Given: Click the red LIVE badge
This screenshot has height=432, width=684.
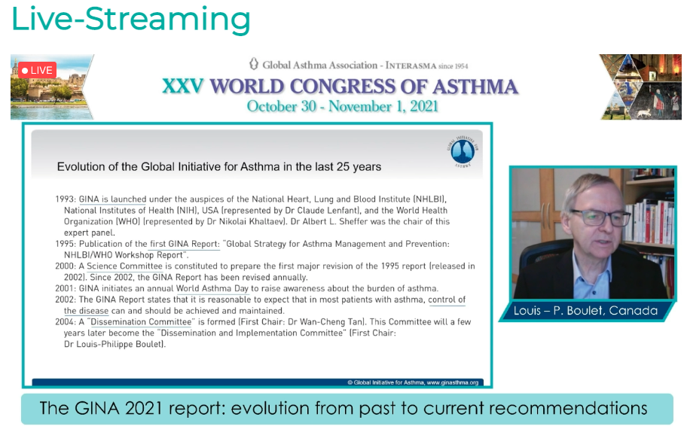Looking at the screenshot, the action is point(37,70).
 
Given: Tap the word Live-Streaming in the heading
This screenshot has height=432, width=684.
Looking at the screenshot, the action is point(131,19).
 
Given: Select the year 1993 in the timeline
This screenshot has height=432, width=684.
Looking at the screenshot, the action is point(65,199).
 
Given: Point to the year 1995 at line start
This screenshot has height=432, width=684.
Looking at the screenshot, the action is point(65,244).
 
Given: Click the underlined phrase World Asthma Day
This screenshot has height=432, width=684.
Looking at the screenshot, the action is point(212,288).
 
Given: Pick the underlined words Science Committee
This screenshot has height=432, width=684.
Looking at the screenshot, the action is point(124,266).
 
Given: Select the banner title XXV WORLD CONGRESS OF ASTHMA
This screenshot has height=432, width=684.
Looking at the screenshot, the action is point(340,87).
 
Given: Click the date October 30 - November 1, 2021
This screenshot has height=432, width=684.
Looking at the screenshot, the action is point(343,106).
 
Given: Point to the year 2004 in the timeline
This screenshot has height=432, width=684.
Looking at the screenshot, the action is point(66,321).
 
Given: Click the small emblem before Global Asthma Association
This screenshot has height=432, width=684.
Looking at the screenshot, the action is point(253,64).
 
